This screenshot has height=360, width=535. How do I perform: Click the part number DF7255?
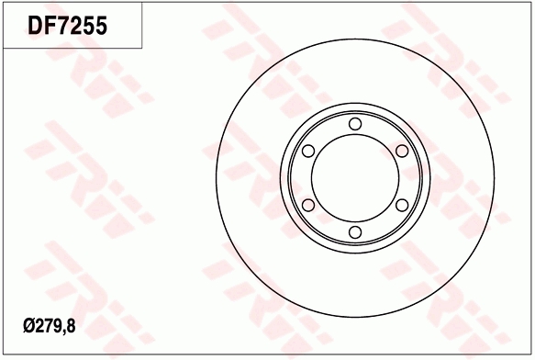tap(70, 27)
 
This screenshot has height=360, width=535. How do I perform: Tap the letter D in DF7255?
tap(37, 27)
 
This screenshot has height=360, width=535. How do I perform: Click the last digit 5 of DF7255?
tap(104, 27)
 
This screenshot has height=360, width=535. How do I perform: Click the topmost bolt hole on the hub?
tap(355, 124)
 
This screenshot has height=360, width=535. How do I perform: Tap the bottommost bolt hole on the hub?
tap(355, 231)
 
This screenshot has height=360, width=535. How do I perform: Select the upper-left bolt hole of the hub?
tap(308, 151)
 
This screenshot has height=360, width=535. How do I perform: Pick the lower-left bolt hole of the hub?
tap(308, 204)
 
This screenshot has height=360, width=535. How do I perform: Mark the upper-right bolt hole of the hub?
tap(401, 151)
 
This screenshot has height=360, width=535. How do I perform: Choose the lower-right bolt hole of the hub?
tap(401, 204)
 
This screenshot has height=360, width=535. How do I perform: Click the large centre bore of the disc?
tap(355, 177)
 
